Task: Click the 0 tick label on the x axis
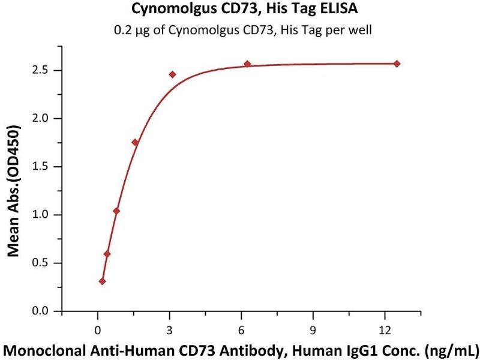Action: (98, 328)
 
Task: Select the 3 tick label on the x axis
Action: (170, 328)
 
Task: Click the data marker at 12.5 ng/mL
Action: (397, 64)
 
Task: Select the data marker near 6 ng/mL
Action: (247, 64)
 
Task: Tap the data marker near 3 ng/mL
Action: (173, 74)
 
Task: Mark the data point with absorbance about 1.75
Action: (135, 142)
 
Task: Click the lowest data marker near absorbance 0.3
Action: (103, 281)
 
